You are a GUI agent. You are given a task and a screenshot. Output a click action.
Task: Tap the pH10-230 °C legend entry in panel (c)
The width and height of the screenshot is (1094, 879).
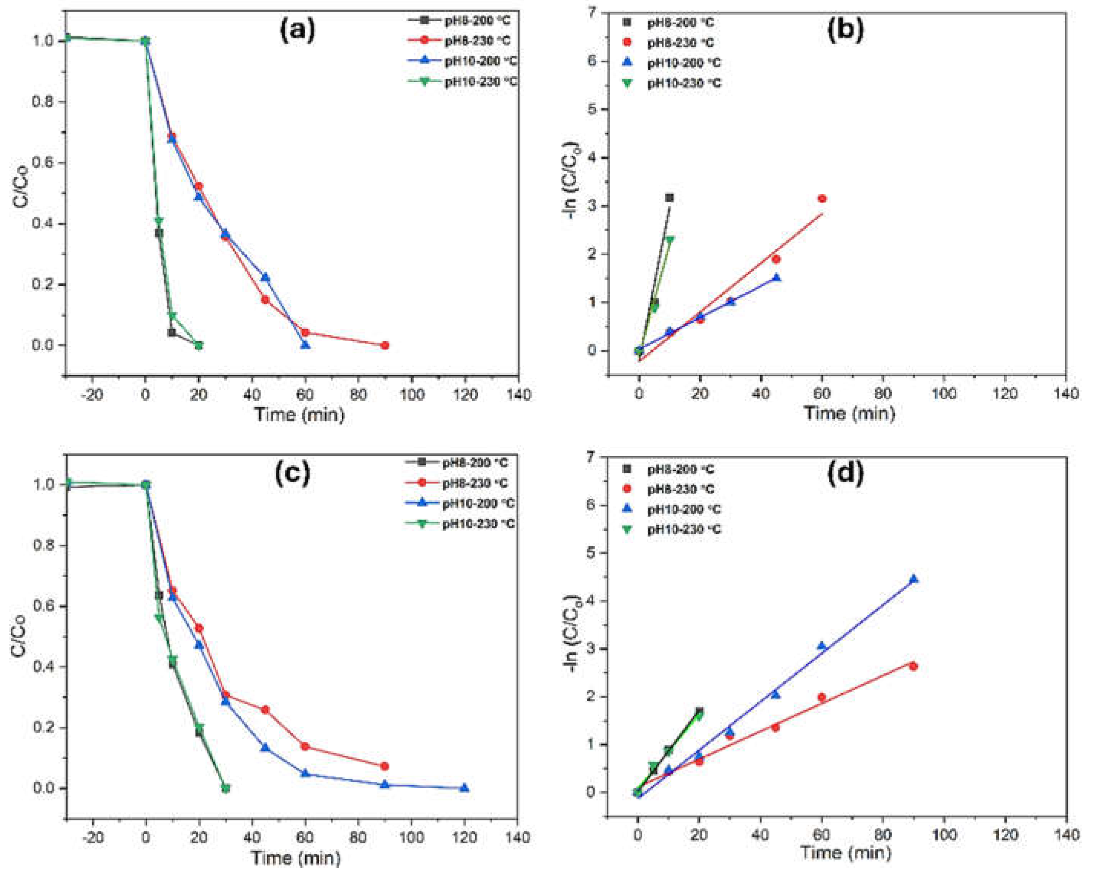click(478, 524)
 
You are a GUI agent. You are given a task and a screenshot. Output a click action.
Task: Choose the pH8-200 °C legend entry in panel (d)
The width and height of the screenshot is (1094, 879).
click(680, 469)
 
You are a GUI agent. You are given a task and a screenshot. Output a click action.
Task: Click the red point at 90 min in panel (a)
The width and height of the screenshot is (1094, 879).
click(385, 345)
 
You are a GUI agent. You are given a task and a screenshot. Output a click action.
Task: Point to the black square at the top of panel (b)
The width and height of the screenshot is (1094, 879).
click(669, 198)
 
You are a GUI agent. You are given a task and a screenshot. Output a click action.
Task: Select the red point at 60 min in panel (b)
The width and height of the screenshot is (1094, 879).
click(822, 199)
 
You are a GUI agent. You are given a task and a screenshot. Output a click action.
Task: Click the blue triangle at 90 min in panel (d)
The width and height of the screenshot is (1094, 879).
click(913, 579)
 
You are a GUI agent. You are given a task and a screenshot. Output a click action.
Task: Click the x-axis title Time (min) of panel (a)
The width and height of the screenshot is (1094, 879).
click(299, 415)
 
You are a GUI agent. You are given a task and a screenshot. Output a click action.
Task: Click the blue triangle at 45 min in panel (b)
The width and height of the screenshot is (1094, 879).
click(776, 278)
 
